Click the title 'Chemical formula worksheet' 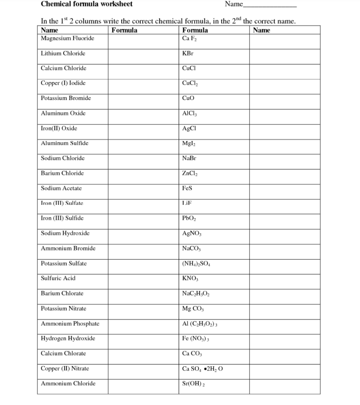click(87, 4)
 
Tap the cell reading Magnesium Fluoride click(68, 38)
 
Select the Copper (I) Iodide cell click(63, 83)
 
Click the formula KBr click(188, 53)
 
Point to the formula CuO click(188, 98)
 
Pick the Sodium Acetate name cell click(61, 188)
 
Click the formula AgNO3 click(192, 234)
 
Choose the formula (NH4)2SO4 click(198, 264)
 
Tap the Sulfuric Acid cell click(58, 278)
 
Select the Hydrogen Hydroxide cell click(68, 339)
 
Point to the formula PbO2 click(189, 219)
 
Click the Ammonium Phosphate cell click(70, 324)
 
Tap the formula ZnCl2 click(190, 174)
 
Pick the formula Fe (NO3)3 click(198, 339)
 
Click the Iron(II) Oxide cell click(59, 128)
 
